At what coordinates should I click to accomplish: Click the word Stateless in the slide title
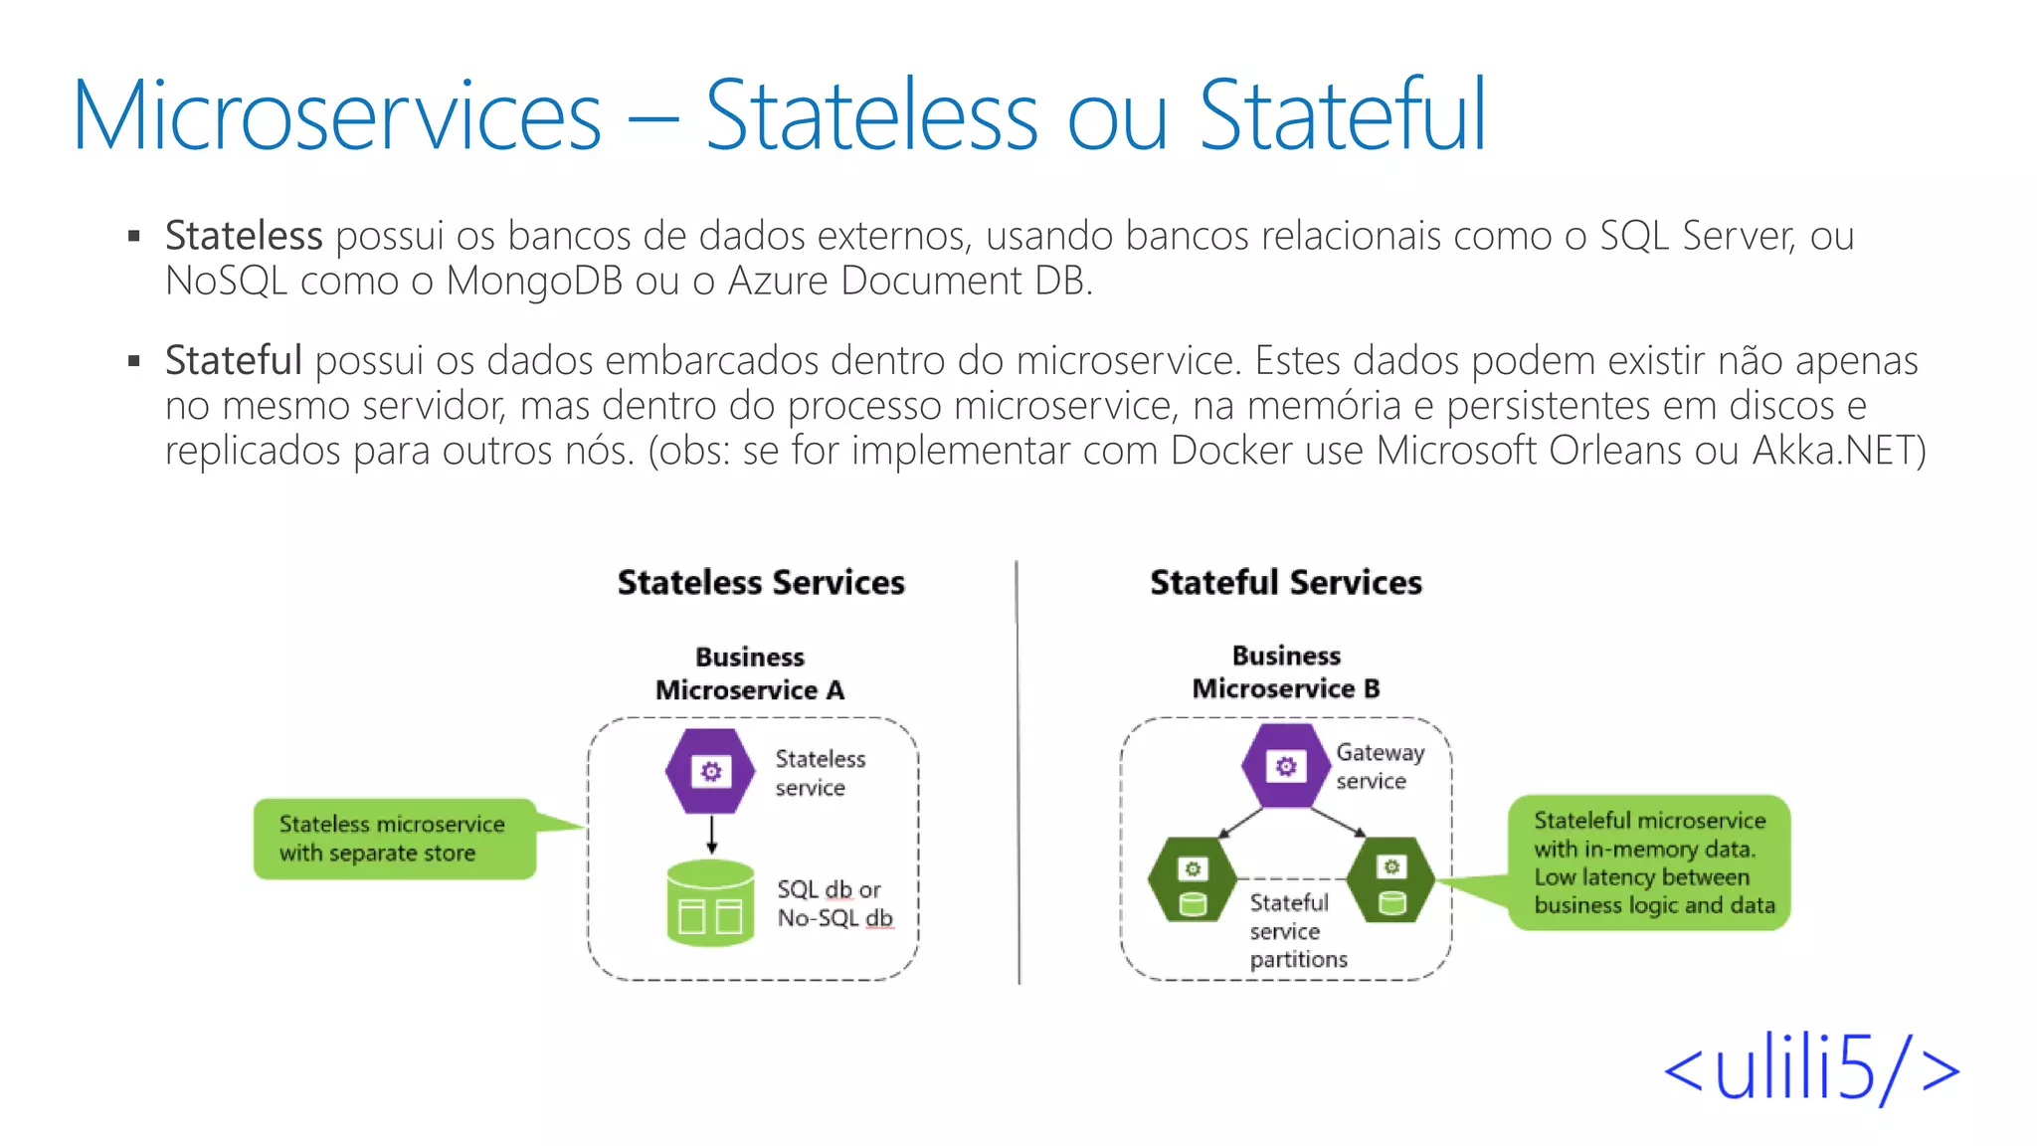click(x=871, y=116)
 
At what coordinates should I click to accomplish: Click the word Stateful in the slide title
click(x=1342, y=116)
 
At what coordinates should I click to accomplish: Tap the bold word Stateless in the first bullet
click(x=244, y=236)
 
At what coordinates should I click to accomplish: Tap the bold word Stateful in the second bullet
click(x=233, y=360)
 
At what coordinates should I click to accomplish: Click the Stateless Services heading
click(x=761, y=582)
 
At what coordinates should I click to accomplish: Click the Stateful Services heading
click(x=1285, y=582)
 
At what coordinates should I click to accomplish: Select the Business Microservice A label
click(x=750, y=673)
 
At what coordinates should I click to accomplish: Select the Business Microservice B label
click(x=1285, y=672)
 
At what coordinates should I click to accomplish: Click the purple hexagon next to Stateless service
click(x=710, y=772)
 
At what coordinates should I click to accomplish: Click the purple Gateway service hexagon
click(x=1285, y=766)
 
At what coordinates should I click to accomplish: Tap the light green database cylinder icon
click(x=710, y=903)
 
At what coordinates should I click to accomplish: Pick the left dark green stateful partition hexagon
click(x=1192, y=880)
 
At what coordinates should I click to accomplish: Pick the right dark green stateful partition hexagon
click(x=1390, y=878)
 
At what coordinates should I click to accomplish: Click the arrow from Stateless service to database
click(x=712, y=835)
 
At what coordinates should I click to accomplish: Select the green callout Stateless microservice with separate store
click(x=394, y=839)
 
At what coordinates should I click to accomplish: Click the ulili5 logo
click(x=1810, y=1069)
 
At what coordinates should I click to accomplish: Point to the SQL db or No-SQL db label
click(x=833, y=903)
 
